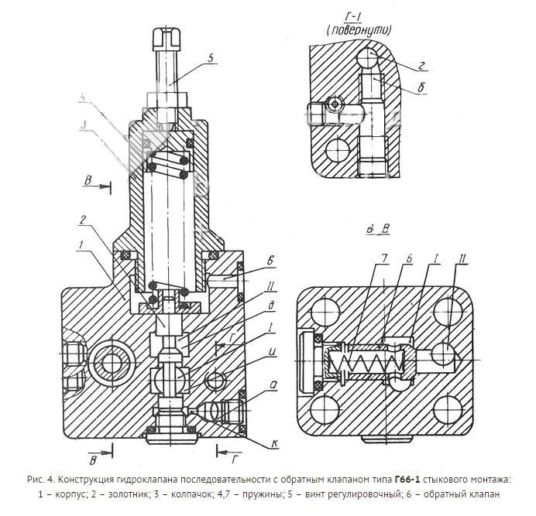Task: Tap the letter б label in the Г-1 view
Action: (x=421, y=87)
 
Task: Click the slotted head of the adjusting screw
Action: (x=169, y=38)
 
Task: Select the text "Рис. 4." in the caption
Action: (x=40, y=480)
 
